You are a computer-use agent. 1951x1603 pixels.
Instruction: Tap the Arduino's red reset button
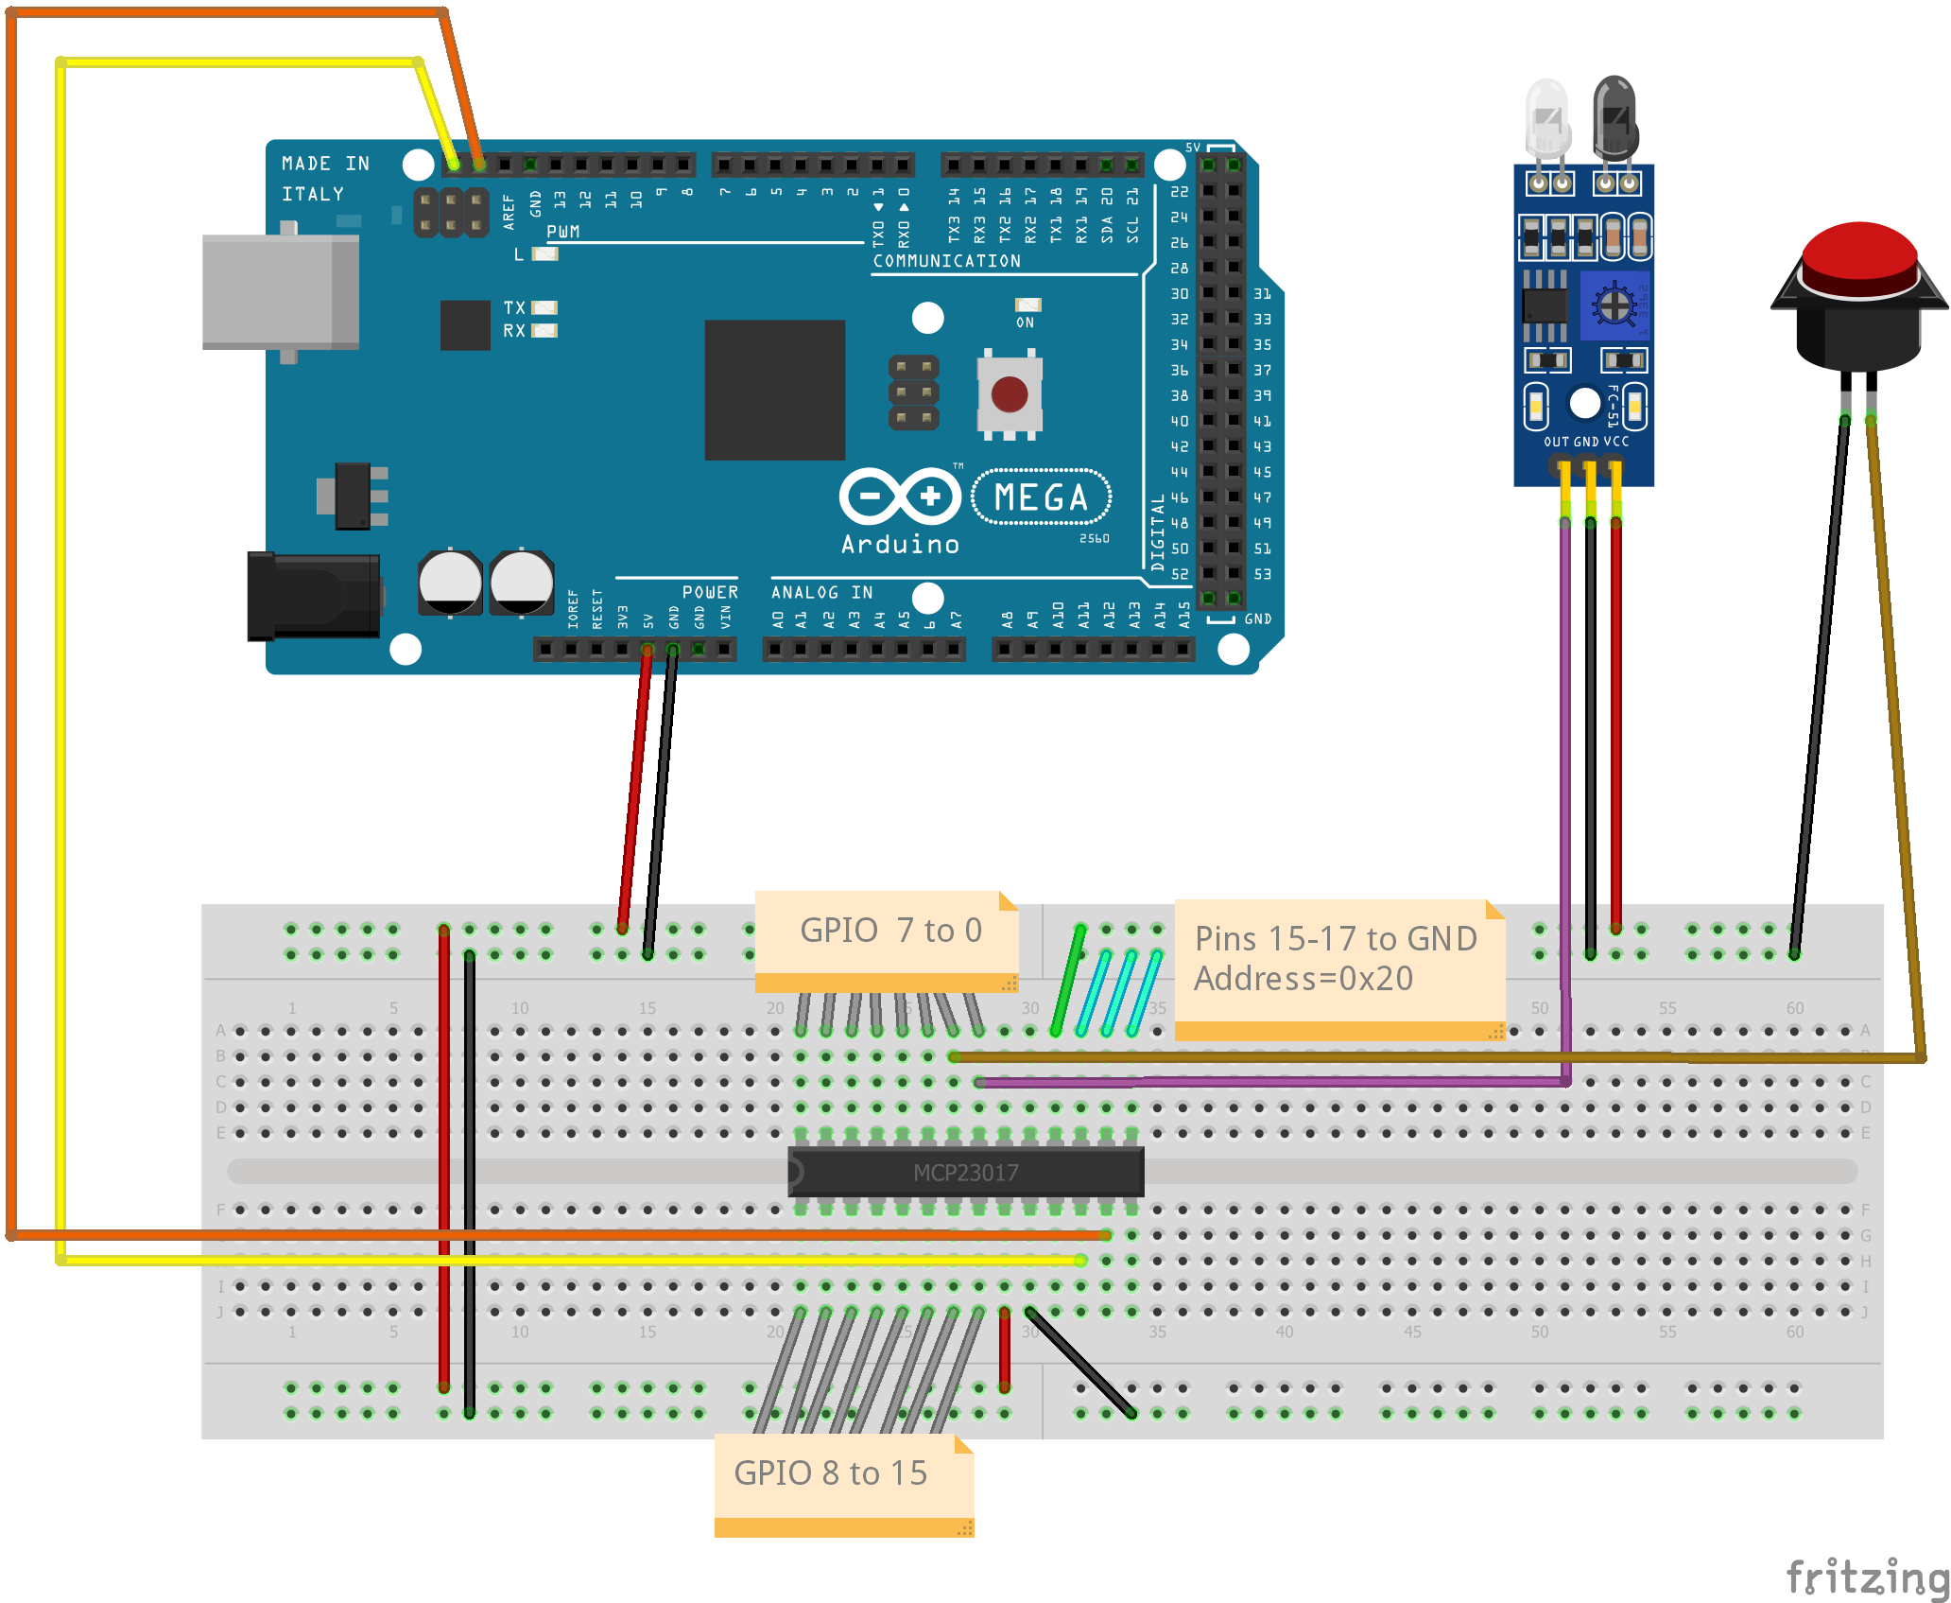click(x=1010, y=394)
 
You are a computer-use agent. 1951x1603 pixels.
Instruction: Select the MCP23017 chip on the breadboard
click(x=966, y=1173)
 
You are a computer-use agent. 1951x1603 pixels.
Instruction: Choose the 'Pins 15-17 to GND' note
click(x=1337, y=960)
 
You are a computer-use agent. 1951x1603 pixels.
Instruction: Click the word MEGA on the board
click(x=1041, y=497)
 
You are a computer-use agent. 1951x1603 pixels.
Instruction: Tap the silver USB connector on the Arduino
click(x=280, y=292)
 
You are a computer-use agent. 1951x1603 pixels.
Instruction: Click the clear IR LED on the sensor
click(x=1547, y=118)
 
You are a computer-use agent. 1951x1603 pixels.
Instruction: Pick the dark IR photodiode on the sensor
click(x=1614, y=115)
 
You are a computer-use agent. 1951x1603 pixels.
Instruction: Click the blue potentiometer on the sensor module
click(x=1614, y=305)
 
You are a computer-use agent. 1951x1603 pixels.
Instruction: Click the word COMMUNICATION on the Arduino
click(x=946, y=261)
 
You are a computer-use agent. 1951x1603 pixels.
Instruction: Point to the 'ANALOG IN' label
click(x=821, y=593)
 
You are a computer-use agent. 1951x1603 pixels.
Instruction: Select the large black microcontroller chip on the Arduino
click(x=774, y=390)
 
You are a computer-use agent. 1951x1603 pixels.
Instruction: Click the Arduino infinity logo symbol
click(x=900, y=496)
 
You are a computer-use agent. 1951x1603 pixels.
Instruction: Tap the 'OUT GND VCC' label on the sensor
click(x=1585, y=442)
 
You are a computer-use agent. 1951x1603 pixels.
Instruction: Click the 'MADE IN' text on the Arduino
click(x=325, y=164)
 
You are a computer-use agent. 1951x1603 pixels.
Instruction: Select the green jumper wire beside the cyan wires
click(x=1068, y=982)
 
